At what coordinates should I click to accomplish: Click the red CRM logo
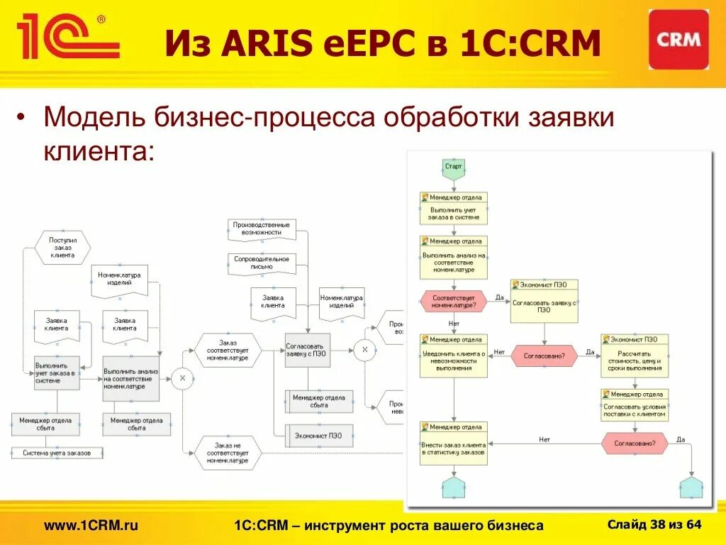pos(678,39)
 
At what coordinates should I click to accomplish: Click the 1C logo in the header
pos(67,38)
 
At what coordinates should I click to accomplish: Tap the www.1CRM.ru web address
pos(91,525)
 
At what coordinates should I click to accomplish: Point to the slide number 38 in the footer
pos(658,524)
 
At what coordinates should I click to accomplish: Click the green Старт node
pos(453,167)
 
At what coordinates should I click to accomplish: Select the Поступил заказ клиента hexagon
pos(62,247)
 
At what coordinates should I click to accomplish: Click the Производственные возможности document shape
pos(262,229)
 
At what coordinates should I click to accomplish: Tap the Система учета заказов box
pos(56,453)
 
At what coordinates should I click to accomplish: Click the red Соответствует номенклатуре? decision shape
pos(454,301)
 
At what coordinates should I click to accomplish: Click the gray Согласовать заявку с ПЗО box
pos(308,350)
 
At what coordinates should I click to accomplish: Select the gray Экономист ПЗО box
pos(318,436)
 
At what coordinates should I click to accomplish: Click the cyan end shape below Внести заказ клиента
pos(454,488)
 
